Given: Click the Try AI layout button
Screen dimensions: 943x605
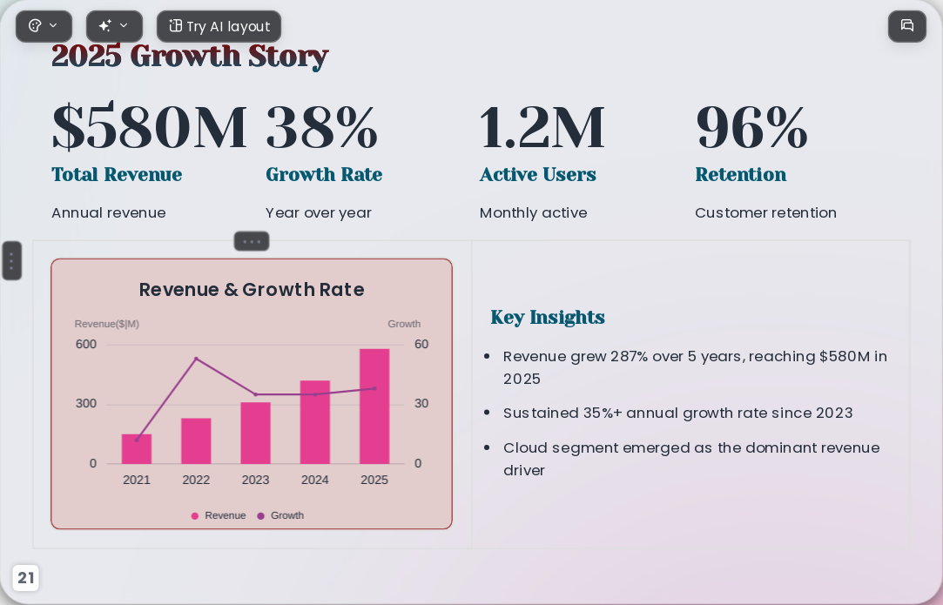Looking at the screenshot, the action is pyautogui.click(x=219, y=26).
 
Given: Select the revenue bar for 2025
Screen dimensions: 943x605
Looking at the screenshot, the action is pyautogui.click(x=374, y=406).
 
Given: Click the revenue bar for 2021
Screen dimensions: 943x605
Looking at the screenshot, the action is pyautogui.click(x=137, y=448).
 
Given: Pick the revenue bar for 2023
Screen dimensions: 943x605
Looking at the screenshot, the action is pyautogui.click(x=256, y=433).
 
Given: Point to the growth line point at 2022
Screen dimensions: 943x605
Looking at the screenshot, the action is pyautogui.click(x=196, y=359).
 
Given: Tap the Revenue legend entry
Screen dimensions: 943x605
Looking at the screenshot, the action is pyautogui.click(x=219, y=515).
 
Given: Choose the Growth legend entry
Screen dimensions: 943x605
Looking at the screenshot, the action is pyautogui.click(x=280, y=515).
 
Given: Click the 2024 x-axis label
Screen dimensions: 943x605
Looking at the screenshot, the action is pyautogui.click(x=314, y=480).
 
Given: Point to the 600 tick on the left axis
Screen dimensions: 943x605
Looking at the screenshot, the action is pyautogui.click(x=86, y=344).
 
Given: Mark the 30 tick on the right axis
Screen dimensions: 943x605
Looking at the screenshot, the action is pyautogui.click(x=421, y=404).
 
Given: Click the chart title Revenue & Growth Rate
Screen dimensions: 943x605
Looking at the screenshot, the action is pyautogui.click(x=252, y=289).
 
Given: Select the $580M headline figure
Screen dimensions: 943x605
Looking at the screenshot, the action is pyautogui.click(x=149, y=127).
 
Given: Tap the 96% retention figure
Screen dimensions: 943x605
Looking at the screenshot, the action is pyautogui.click(x=751, y=127).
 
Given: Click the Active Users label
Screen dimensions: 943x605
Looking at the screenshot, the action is pyautogui.click(x=537, y=174).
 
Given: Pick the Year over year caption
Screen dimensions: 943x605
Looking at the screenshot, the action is pyautogui.click(x=318, y=213).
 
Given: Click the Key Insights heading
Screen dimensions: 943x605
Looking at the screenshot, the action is pyautogui.click(x=548, y=317).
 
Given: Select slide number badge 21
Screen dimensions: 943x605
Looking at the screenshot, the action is pyautogui.click(x=25, y=578).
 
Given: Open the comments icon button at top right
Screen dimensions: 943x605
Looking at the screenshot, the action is pyautogui.click(x=907, y=26).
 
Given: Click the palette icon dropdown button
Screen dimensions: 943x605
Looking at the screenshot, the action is pyautogui.click(x=44, y=26).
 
